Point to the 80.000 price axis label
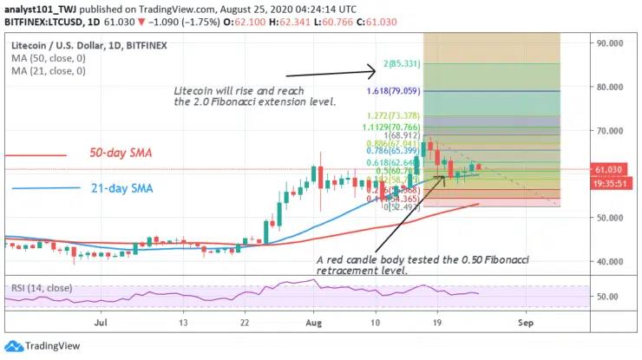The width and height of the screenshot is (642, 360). (x=612, y=87)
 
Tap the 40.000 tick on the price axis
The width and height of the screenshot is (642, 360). (x=612, y=261)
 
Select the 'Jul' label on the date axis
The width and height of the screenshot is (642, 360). (x=102, y=322)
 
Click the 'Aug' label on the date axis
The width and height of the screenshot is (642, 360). (x=313, y=322)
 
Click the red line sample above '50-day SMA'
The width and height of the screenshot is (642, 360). (x=35, y=155)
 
